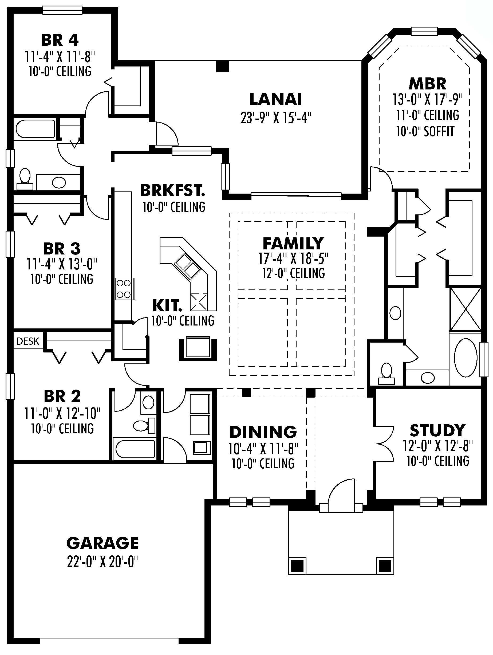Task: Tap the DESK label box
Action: pyautogui.click(x=27, y=341)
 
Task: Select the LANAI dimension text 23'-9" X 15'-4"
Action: pyautogui.click(x=276, y=118)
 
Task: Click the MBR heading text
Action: pyautogui.click(x=427, y=84)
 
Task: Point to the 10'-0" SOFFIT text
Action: pyautogui.click(x=425, y=131)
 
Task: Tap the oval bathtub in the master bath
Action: pyautogui.click(x=466, y=358)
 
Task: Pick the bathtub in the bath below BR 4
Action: pyautogui.click(x=35, y=129)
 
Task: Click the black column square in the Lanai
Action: pyautogui.click(x=222, y=66)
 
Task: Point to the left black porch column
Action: pyautogui.click(x=297, y=566)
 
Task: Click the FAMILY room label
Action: pyautogui.click(x=293, y=244)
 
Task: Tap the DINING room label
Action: pyautogui.click(x=263, y=432)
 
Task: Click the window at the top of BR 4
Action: pyautogui.click(x=62, y=10)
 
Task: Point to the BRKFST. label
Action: pyautogui.click(x=172, y=190)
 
